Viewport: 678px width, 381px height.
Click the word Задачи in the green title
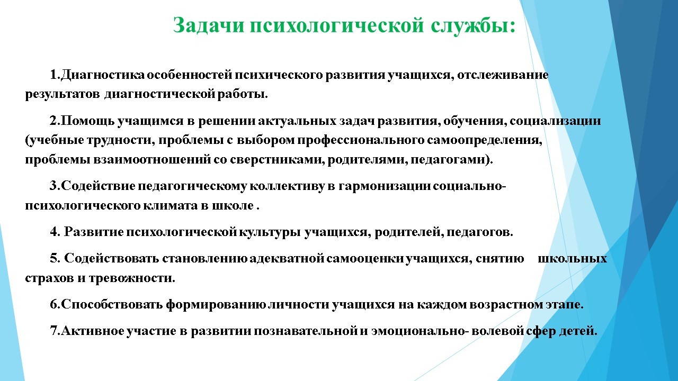(209, 25)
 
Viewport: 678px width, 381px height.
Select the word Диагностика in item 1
(103, 75)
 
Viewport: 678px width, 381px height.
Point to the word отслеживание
(503, 75)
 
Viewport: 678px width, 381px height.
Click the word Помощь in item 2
(87, 121)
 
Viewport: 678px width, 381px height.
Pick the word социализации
(555, 121)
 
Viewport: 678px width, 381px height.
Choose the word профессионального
(361, 141)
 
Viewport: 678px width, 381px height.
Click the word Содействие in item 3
(98, 186)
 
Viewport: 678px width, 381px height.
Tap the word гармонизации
(384, 186)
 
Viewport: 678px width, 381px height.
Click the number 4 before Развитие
(53, 232)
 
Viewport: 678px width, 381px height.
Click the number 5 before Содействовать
(53, 259)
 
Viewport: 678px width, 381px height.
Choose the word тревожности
(132, 278)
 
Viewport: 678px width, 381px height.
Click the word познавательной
(306, 331)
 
